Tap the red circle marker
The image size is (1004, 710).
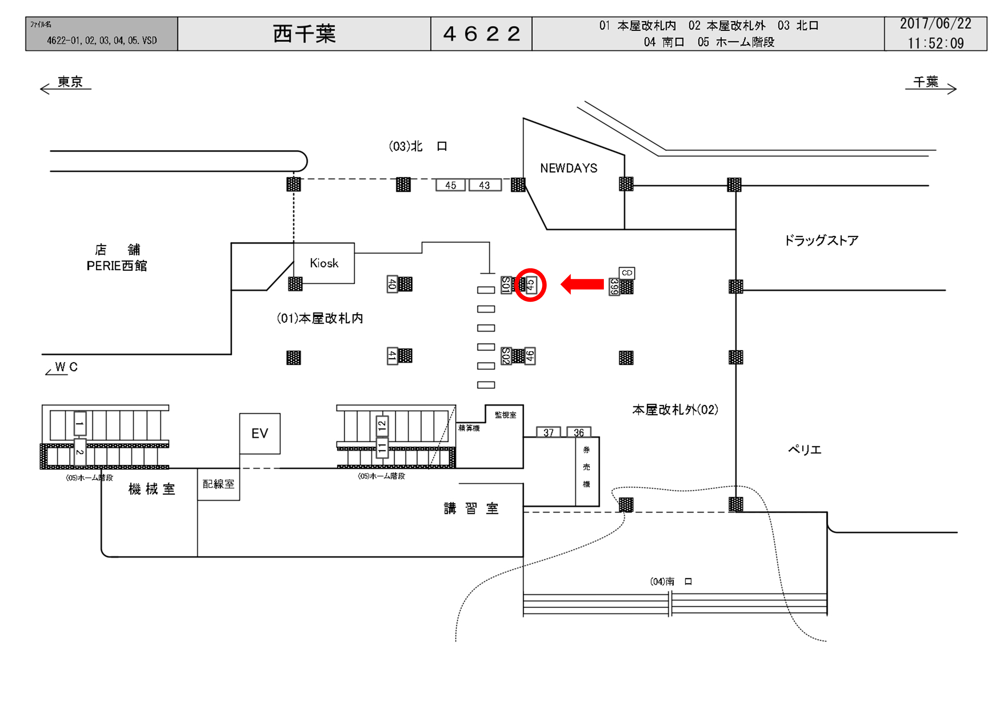[x=530, y=285]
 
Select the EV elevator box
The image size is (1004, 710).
[x=260, y=433]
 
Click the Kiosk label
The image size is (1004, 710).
[x=324, y=263]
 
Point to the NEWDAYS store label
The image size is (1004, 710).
[x=568, y=168]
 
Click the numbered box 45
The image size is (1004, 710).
[x=450, y=185]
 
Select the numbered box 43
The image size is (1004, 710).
[x=485, y=185]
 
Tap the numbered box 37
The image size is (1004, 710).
[x=548, y=433]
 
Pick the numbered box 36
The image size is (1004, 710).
[x=579, y=433]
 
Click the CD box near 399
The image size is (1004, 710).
[x=627, y=273]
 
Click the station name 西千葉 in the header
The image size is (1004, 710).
[x=304, y=34]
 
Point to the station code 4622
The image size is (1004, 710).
[x=481, y=34]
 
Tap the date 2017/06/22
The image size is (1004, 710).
[x=935, y=24]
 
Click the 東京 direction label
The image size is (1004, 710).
[x=70, y=82]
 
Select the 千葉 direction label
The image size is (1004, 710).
[x=926, y=82]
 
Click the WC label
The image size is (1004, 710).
[x=66, y=367]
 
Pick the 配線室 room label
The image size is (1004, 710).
[x=218, y=484]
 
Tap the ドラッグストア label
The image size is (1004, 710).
[x=821, y=241]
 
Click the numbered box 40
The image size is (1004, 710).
[x=392, y=284]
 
